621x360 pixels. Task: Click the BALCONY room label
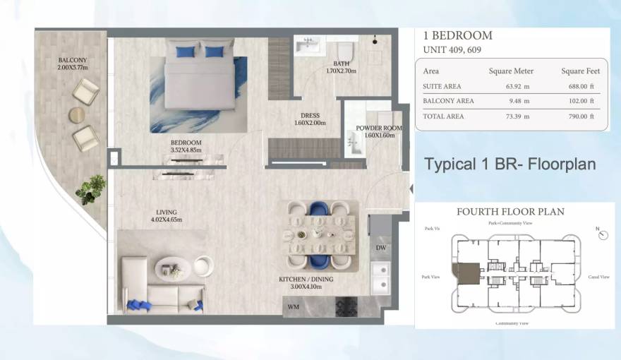tap(72, 64)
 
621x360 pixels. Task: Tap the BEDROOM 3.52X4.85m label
tap(186, 146)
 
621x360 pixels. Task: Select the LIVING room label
tap(167, 216)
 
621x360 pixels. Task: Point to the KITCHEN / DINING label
tap(306, 283)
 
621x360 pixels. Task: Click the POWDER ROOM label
tap(380, 131)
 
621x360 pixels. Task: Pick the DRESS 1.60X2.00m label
tap(310, 119)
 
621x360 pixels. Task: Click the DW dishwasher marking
tap(380, 248)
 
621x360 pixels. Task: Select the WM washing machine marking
tap(294, 308)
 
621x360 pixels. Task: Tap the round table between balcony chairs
tap(77, 114)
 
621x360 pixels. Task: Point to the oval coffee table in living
tap(173, 268)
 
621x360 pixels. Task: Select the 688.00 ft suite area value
tap(581, 87)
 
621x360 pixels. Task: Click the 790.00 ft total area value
tap(581, 116)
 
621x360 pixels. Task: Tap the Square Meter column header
tap(511, 71)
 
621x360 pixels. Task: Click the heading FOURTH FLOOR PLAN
tap(510, 212)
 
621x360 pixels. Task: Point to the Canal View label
tap(598, 277)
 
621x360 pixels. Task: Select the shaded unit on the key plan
tap(468, 274)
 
